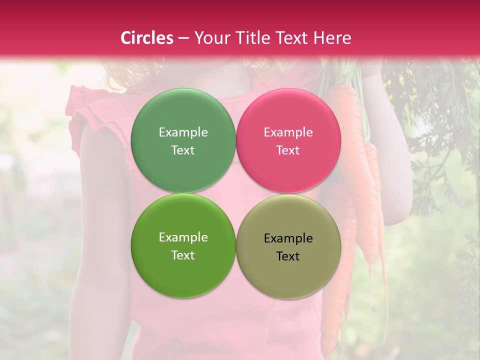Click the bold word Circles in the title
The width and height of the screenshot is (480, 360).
point(146,38)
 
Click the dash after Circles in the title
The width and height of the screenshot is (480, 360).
point(183,38)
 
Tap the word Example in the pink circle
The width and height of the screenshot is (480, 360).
point(288,132)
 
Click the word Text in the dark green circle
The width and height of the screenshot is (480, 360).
point(183,150)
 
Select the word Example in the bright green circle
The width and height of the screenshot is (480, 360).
point(183,237)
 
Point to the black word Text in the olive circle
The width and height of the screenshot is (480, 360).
point(288,256)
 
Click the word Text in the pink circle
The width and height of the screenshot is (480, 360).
point(288,150)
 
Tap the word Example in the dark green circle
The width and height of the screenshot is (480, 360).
point(183,132)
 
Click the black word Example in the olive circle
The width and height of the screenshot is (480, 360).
point(288,238)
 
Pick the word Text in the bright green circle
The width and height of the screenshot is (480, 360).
point(183,255)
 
